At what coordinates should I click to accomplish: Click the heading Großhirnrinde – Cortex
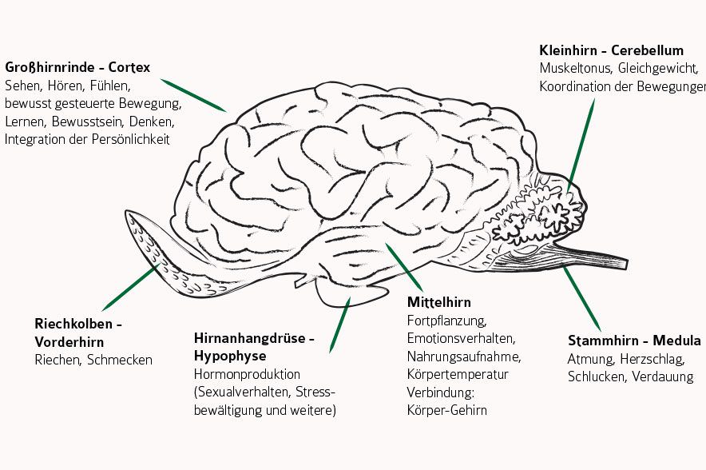coord(77,67)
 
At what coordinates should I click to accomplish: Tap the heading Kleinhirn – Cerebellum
coord(611,50)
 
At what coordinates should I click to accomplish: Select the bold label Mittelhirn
coord(438,302)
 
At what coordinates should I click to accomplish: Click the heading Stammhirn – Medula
coord(633,341)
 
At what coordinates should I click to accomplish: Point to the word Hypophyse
coord(230,356)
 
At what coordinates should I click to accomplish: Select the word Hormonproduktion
coord(247,374)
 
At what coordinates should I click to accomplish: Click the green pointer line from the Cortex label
coord(193,94)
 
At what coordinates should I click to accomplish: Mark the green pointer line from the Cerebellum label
coord(581,143)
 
